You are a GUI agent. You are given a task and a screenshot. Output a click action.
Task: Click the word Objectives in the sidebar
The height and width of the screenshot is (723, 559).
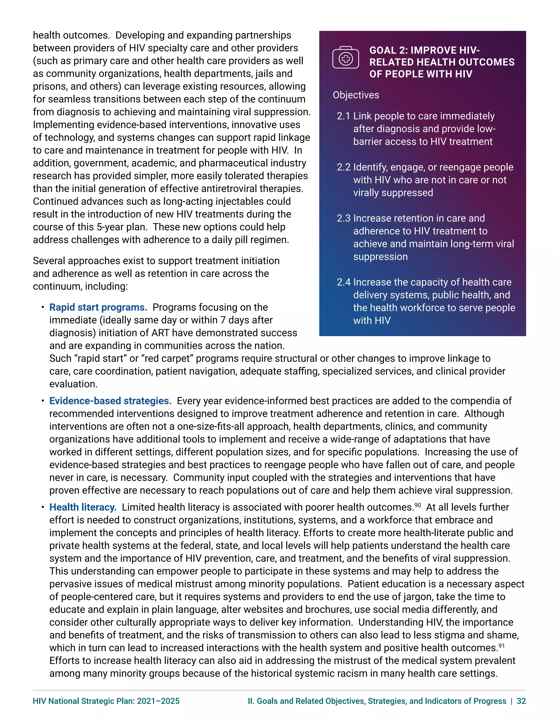click(356, 95)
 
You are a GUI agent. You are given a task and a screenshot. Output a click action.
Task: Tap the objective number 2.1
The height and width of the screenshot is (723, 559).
click(343, 116)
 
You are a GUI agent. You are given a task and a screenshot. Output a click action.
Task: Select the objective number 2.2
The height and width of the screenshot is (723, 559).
click(343, 167)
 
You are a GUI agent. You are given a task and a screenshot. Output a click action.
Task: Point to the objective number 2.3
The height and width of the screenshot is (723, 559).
click(343, 218)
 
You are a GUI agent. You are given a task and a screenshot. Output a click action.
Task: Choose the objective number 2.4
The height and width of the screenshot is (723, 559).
click(343, 282)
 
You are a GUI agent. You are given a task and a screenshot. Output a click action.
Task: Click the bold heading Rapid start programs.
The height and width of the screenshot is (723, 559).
click(98, 307)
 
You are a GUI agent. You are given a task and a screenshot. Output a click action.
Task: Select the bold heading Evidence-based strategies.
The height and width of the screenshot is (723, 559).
click(110, 401)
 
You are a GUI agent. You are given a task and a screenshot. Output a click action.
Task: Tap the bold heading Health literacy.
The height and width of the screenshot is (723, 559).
click(83, 507)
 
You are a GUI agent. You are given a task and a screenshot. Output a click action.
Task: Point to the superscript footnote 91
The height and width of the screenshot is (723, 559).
click(501, 646)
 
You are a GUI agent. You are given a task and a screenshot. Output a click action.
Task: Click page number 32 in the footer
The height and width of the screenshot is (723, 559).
click(521, 701)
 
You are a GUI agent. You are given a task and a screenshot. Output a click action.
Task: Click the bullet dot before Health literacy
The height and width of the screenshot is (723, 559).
click(43, 507)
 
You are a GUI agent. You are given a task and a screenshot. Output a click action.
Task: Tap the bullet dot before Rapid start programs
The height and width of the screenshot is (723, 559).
click(43, 307)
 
